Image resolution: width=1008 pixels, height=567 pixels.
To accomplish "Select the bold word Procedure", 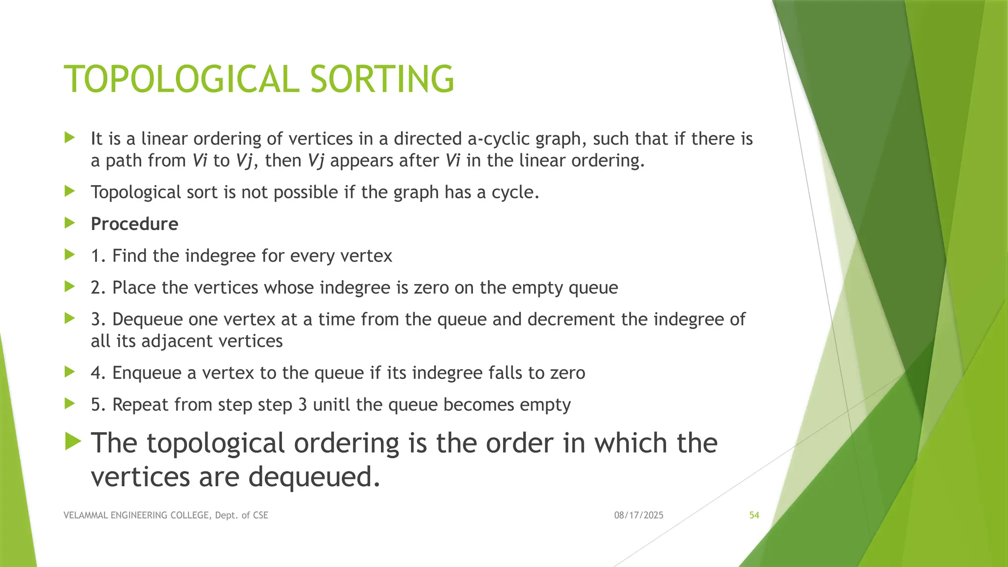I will [134, 224].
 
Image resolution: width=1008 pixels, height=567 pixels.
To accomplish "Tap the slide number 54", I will [754, 515].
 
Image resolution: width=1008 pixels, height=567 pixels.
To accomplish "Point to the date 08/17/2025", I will [638, 515].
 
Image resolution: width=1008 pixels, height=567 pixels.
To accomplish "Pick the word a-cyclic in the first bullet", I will [499, 139].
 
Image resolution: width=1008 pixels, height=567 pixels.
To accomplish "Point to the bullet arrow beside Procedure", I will [70, 223].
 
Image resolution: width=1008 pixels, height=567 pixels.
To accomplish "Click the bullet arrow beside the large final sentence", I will [73, 441].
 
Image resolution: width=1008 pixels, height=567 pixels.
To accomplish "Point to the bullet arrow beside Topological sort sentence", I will [70, 191].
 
